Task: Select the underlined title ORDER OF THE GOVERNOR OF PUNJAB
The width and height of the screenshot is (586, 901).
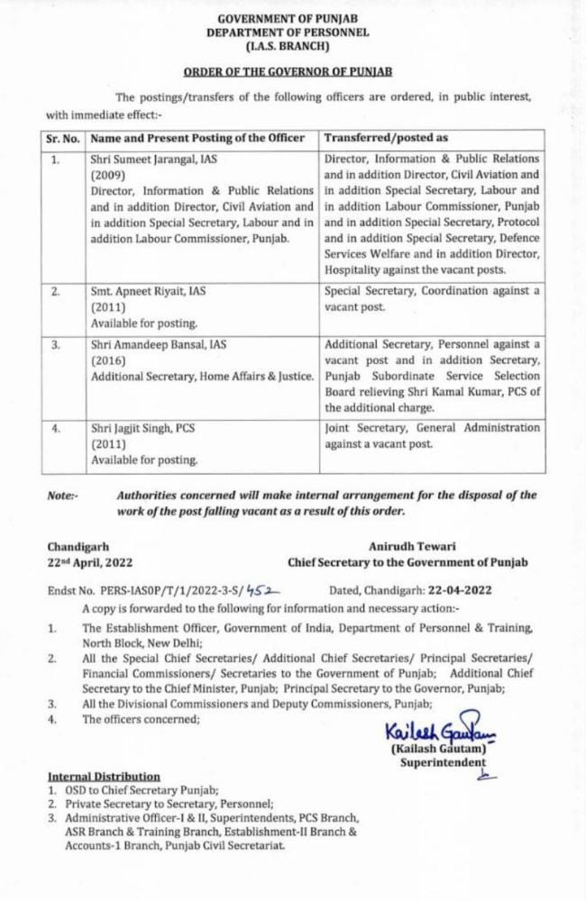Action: [288, 70]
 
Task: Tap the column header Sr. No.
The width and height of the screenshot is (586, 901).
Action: [64, 140]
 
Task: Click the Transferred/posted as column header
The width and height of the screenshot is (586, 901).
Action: [385, 140]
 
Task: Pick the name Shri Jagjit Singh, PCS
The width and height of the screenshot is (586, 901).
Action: [144, 428]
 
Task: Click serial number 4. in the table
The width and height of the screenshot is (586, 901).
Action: [56, 428]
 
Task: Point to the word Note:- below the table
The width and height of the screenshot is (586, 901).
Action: [63, 495]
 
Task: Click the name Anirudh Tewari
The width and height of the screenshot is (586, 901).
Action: [412, 546]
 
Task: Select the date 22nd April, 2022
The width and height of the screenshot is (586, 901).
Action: [89, 561]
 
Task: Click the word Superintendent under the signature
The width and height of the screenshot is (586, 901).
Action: [443, 762]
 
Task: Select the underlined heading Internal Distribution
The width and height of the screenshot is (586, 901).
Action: [104, 776]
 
